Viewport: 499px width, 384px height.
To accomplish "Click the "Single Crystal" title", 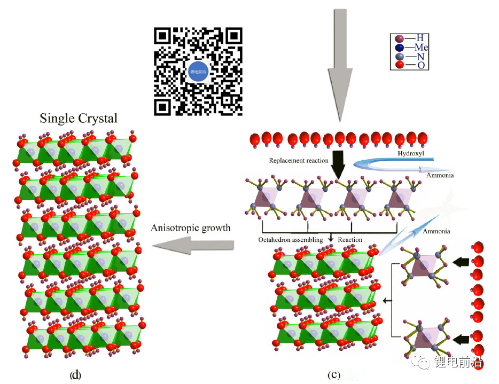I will click(78, 118).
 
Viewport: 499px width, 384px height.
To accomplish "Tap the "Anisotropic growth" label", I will click(191, 228).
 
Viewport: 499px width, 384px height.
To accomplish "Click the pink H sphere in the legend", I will click(399, 38).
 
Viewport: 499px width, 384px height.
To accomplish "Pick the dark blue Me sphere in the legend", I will click(399, 48).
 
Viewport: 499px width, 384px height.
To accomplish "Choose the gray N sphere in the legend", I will click(399, 57).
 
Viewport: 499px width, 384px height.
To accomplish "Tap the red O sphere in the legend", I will click(399, 65).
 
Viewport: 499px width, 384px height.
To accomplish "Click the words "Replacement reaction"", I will click(299, 161).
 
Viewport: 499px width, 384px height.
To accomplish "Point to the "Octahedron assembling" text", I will click(291, 240).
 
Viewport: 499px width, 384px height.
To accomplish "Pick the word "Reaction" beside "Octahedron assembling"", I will click(350, 240).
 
